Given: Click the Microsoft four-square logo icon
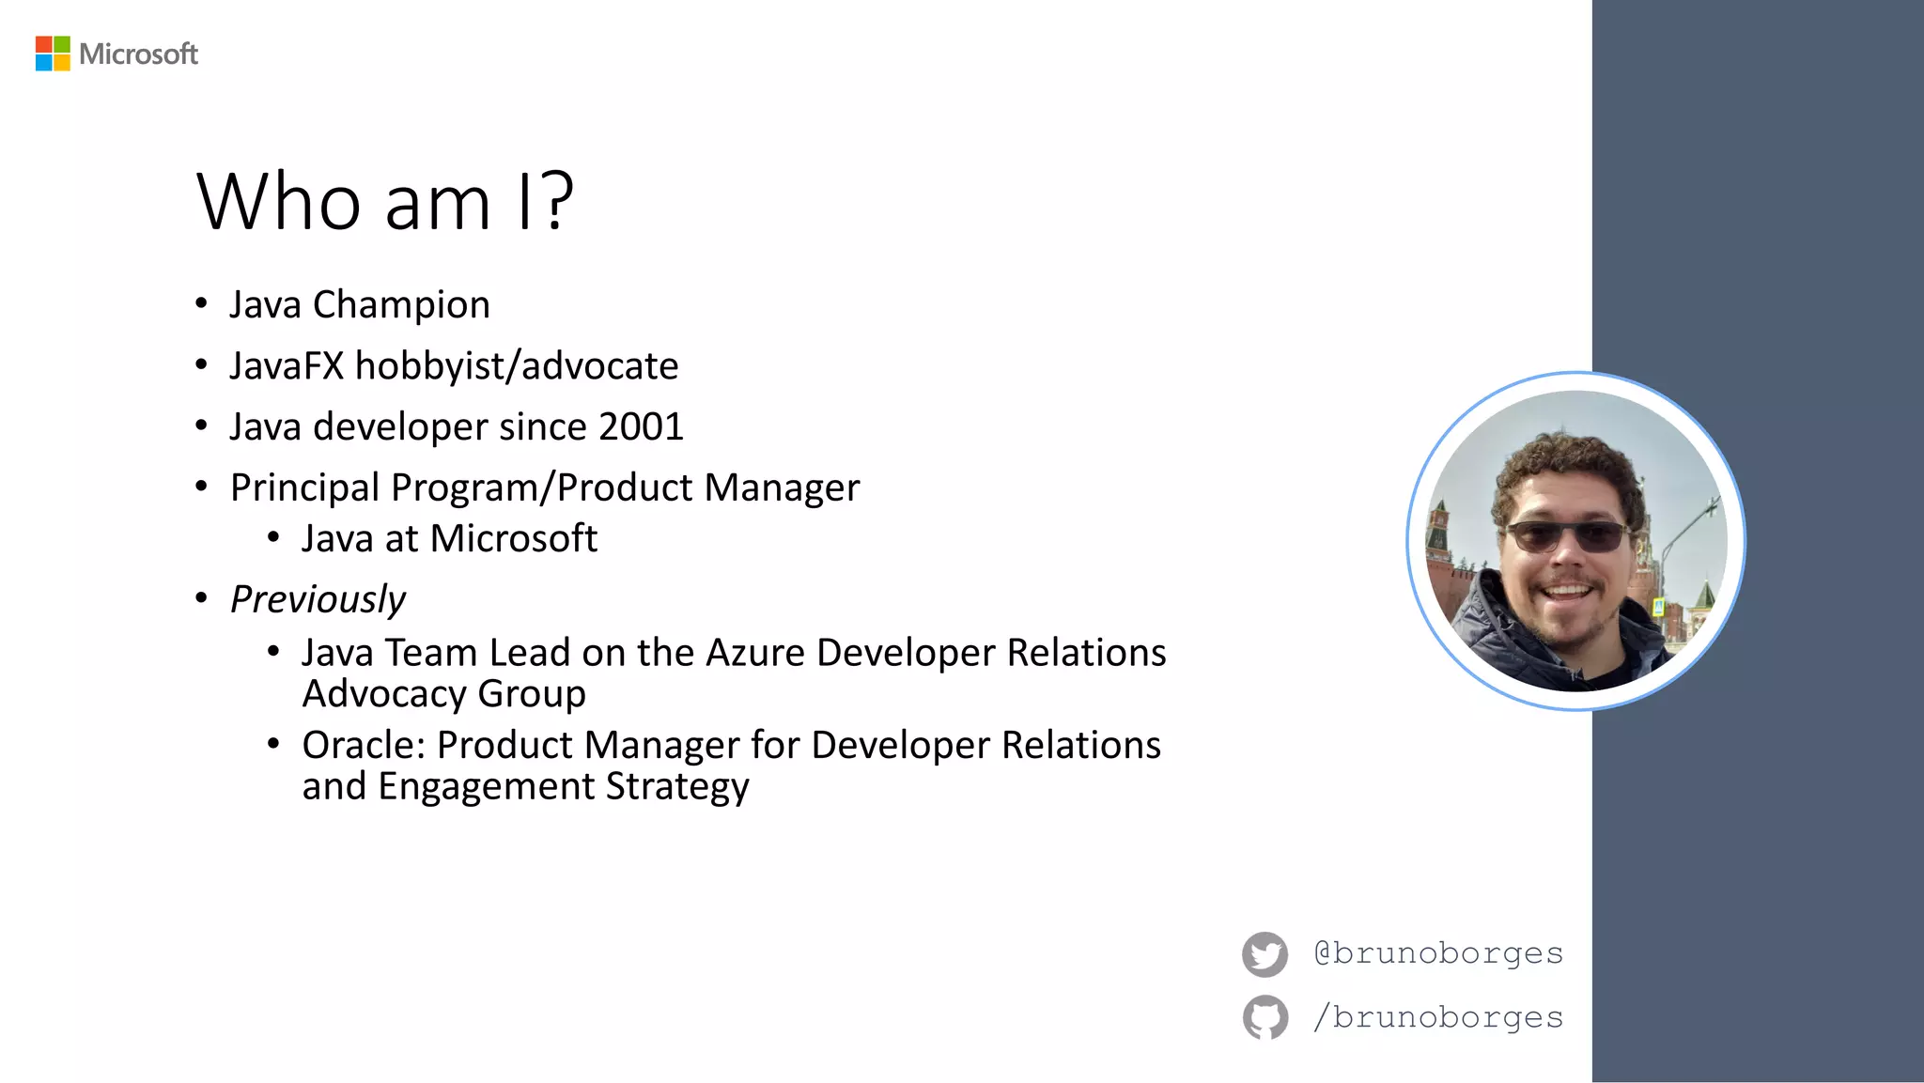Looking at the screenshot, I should click(53, 54).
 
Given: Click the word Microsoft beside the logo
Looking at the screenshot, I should click(138, 54).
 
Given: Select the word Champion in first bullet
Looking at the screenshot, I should click(401, 305).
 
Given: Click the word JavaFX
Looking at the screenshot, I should click(287, 366).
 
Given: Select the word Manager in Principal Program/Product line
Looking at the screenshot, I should click(782, 488).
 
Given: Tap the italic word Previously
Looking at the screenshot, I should click(318, 599).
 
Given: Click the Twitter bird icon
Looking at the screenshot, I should click(1265, 954).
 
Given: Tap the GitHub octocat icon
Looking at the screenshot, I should click(1265, 1017).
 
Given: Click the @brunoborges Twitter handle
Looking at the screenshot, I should click(1437, 953).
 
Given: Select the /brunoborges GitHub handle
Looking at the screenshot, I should click(1437, 1017).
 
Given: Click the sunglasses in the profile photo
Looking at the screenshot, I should click(1567, 537).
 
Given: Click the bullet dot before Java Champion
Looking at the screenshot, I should click(201, 303).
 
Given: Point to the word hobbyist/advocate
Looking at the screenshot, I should click(516, 366).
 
